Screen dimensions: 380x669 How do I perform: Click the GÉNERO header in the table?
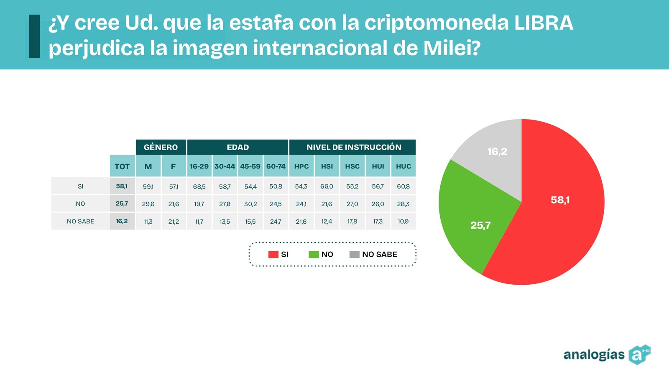point(161,147)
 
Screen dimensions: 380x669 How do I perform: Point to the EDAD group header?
point(237,147)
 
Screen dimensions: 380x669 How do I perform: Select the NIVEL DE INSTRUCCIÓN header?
point(353,147)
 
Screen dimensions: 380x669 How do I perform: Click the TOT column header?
point(122,166)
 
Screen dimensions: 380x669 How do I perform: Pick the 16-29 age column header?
point(199,166)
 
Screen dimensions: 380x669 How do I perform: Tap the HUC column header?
point(403,166)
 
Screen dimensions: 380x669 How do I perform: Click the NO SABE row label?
point(80,222)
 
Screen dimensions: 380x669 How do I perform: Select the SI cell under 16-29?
point(199,186)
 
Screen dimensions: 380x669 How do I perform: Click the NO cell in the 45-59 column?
point(250,204)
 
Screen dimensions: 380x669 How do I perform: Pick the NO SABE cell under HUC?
point(403,222)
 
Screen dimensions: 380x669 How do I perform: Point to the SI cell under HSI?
point(327,186)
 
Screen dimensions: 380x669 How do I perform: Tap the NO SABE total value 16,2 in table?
point(122,221)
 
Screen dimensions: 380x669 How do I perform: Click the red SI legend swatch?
point(273,254)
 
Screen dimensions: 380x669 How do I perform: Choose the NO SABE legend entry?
point(373,254)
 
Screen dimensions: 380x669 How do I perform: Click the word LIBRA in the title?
point(544,23)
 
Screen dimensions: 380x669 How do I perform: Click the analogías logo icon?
point(639,355)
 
